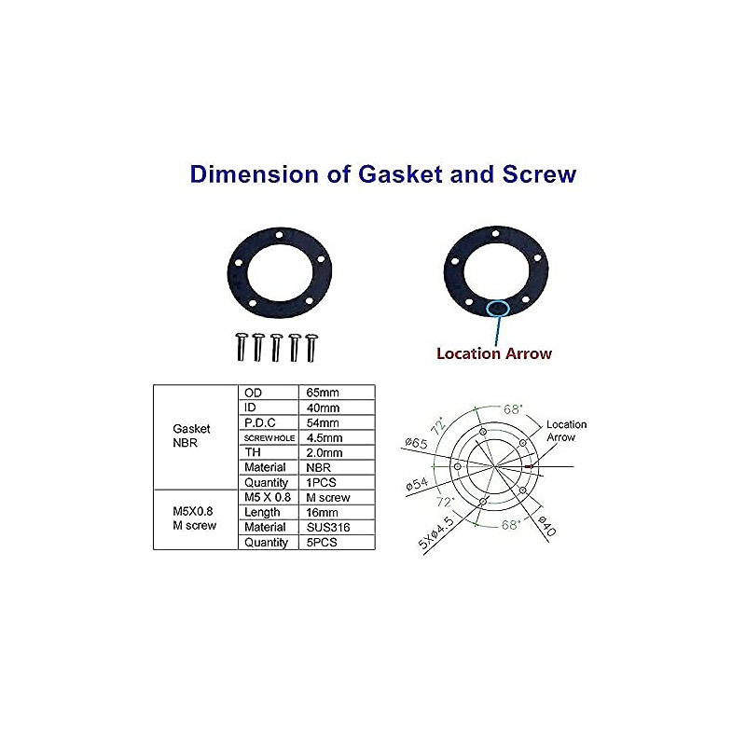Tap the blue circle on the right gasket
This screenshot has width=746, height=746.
pos(497,308)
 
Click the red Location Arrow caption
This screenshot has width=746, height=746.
pos(494,353)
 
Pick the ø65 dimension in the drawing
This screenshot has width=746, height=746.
pos(415,444)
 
